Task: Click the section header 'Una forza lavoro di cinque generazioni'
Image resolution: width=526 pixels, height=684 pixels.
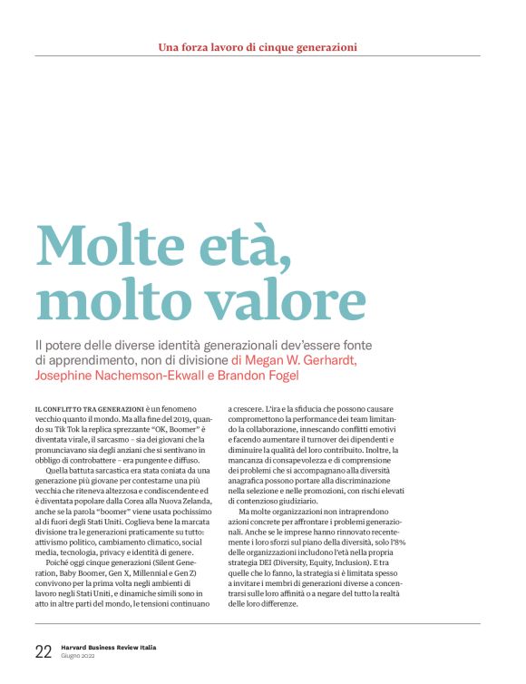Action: click(258, 46)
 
